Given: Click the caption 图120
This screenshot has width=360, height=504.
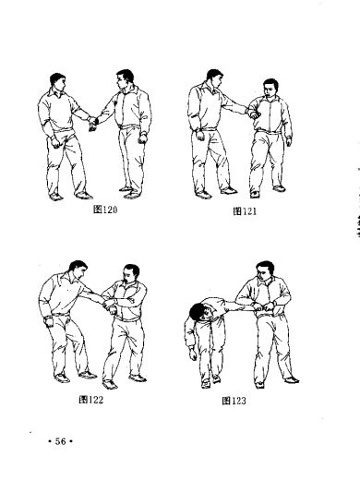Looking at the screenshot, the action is click(x=105, y=210).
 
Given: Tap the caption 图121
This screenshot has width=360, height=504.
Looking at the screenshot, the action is click(x=245, y=211).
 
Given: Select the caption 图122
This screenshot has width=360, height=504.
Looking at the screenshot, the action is click(x=91, y=400).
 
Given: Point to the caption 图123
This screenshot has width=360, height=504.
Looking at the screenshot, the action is click(x=234, y=401).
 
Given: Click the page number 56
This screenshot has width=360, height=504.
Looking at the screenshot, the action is click(x=60, y=441).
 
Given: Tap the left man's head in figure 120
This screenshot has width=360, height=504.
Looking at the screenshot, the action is click(x=58, y=81).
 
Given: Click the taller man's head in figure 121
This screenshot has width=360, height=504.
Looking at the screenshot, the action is click(x=214, y=78).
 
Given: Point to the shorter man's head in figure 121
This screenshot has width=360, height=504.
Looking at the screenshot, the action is click(x=270, y=88).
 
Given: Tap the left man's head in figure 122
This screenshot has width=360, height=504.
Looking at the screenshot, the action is click(x=78, y=270).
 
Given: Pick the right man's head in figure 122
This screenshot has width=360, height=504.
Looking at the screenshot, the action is click(x=131, y=274).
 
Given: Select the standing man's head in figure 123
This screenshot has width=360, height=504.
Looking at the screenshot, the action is click(x=265, y=271).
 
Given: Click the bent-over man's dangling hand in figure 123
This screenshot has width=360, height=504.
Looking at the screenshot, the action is click(x=193, y=354).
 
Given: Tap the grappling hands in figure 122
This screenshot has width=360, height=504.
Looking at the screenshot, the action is click(x=110, y=306).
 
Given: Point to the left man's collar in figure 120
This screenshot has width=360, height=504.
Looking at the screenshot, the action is click(x=56, y=92).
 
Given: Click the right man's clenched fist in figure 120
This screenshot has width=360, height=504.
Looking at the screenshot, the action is click(x=142, y=138).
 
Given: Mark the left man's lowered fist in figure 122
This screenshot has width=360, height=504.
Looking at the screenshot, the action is click(x=49, y=322).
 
